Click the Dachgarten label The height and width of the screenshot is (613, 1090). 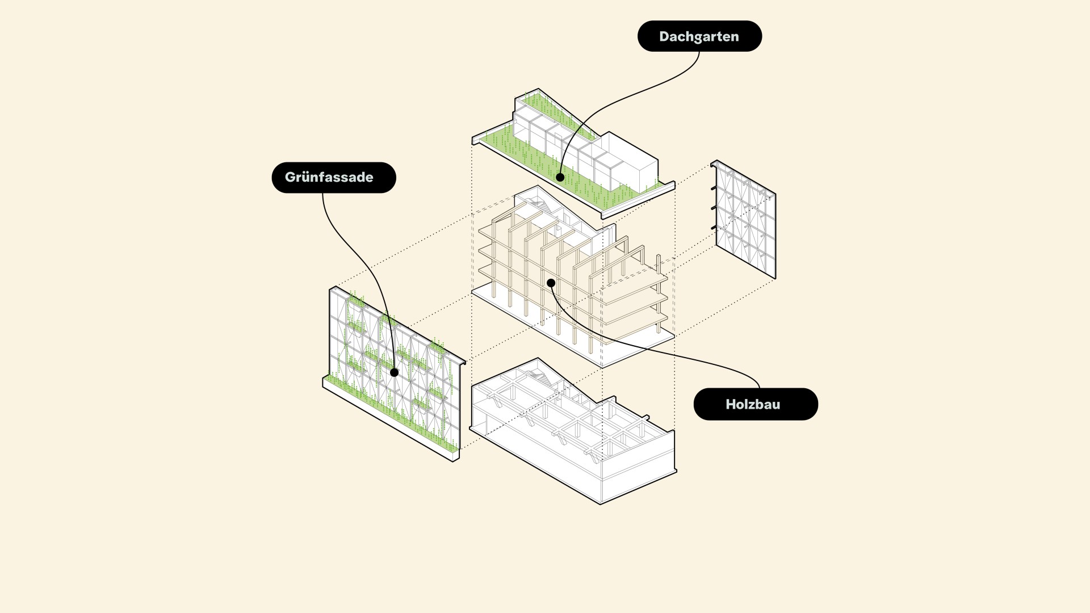click(699, 36)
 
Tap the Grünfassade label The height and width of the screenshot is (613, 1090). click(334, 177)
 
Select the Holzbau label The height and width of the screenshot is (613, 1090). click(756, 404)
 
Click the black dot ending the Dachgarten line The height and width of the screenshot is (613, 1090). click(560, 177)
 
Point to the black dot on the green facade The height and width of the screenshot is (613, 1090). click(394, 372)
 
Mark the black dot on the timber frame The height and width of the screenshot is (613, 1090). click(551, 283)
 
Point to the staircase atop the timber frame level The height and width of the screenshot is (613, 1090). click(539, 204)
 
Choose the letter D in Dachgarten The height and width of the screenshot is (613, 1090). click(664, 36)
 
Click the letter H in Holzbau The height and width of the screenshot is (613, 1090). click(731, 404)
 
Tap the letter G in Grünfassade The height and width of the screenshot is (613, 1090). click(290, 177)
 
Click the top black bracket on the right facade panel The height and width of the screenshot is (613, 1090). click(714, 188)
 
